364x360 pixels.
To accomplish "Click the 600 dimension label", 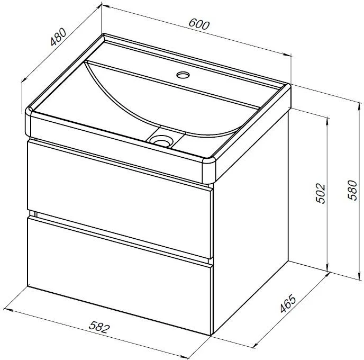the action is coord(199,24).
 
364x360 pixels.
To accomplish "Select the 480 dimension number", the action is coord(59,37).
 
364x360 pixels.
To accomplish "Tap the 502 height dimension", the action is coord(321,193).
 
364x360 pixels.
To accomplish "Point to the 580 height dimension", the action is coord(352,190).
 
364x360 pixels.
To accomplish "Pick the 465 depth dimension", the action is coord(288,303).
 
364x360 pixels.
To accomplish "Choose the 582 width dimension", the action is coord(99,327).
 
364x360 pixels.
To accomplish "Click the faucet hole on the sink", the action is coord(183,75).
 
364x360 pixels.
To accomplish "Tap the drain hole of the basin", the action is coord(161,141).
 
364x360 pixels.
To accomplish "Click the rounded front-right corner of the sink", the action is coord(209,170).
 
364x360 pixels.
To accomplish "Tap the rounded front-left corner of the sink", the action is coord(29,121).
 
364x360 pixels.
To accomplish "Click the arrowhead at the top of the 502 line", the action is coord(328,120).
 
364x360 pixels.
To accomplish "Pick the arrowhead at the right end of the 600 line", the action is coord(288,55).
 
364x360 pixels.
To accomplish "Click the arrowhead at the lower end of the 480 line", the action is coord(24,79).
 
